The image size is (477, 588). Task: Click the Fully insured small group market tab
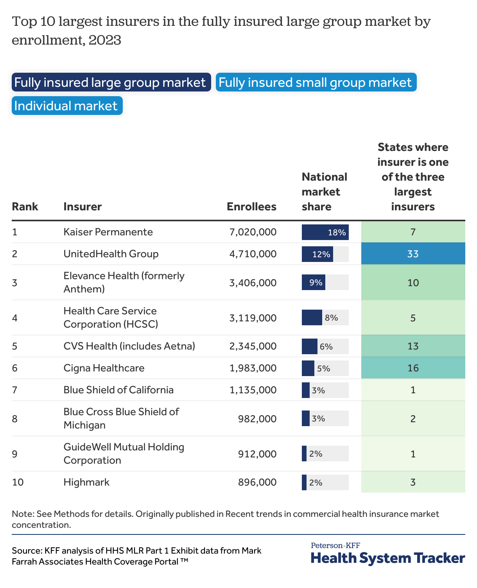click(316, 82)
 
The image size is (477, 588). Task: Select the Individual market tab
click(67, 106)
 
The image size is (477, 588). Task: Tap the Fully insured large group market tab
click(111, 82)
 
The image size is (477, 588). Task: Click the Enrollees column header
click(251, 206)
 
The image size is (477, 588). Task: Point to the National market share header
click(324, 192)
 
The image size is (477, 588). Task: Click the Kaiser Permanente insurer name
click(108, 232)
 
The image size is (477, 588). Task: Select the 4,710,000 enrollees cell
click(253, 254)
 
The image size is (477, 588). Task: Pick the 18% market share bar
click(325, 232)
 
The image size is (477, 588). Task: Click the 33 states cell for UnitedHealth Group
click(413, 254)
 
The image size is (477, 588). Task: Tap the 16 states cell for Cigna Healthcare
click(413, 368)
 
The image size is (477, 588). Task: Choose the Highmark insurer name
click(86, 482)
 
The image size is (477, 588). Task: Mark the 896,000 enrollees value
click(257, 482)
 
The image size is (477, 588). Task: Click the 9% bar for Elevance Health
click(314, 282)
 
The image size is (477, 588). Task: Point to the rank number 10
click(18, 482)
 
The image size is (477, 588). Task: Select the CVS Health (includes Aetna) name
click(129, 346)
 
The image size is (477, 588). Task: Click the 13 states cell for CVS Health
click(413, 346)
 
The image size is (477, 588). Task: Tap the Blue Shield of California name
click(118, 390)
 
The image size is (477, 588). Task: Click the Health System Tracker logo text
click(387, 558)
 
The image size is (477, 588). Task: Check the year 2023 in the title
click(105, 40)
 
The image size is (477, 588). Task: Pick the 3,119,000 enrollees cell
click(253, 318)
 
